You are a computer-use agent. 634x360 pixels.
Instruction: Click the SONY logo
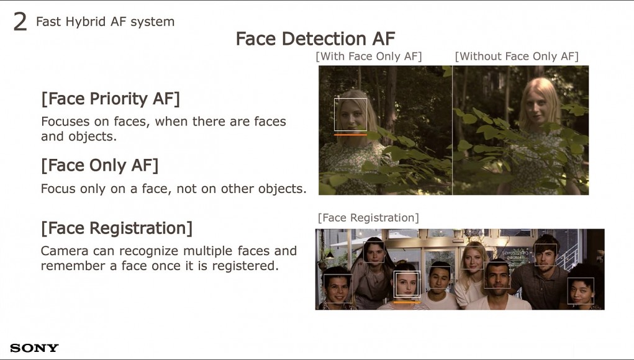click(34, 348)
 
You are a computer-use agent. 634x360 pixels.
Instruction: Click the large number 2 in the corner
click(20, 22)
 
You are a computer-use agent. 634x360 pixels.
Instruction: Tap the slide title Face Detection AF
click(315, 38)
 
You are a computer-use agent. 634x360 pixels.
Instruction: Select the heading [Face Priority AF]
click(111, 99)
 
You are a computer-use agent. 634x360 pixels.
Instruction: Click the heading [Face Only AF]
click(99, 165)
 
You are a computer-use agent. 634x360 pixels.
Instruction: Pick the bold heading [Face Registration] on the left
click(117, 228)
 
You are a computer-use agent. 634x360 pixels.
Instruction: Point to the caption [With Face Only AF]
click(369, 56)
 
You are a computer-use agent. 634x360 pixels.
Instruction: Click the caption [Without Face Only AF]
click(517, 56)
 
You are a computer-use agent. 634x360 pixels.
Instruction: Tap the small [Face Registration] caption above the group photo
click(368, 218)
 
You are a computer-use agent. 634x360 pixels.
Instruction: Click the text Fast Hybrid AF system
click(105, 22)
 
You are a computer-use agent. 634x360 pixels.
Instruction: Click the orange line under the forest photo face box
click(351, 135)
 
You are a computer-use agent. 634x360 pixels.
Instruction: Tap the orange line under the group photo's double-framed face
click(407, 302)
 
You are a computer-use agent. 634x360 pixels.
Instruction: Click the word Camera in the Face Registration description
click(65, 251)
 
